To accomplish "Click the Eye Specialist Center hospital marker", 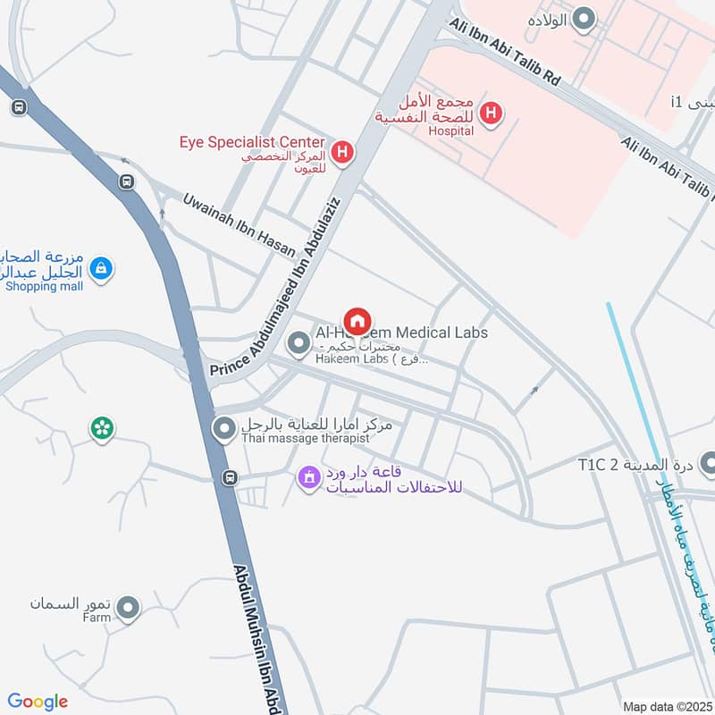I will pos(341,153).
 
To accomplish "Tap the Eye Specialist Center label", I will pos(252,140).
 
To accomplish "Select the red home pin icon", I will pos(357,321).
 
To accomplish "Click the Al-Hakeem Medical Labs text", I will pos(401,332).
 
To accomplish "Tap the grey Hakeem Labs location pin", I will pos(297,342).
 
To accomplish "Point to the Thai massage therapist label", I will pos(304,439).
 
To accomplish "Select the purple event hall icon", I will pos(308,478).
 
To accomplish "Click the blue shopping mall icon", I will pos(101,266).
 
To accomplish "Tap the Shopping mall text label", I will pos(44,286).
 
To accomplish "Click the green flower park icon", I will pos(101,429).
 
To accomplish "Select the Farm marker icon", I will pos(129,609).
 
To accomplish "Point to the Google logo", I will pos(38,702).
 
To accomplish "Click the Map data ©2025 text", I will pos(666,706).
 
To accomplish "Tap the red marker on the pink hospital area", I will pos(490,114).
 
